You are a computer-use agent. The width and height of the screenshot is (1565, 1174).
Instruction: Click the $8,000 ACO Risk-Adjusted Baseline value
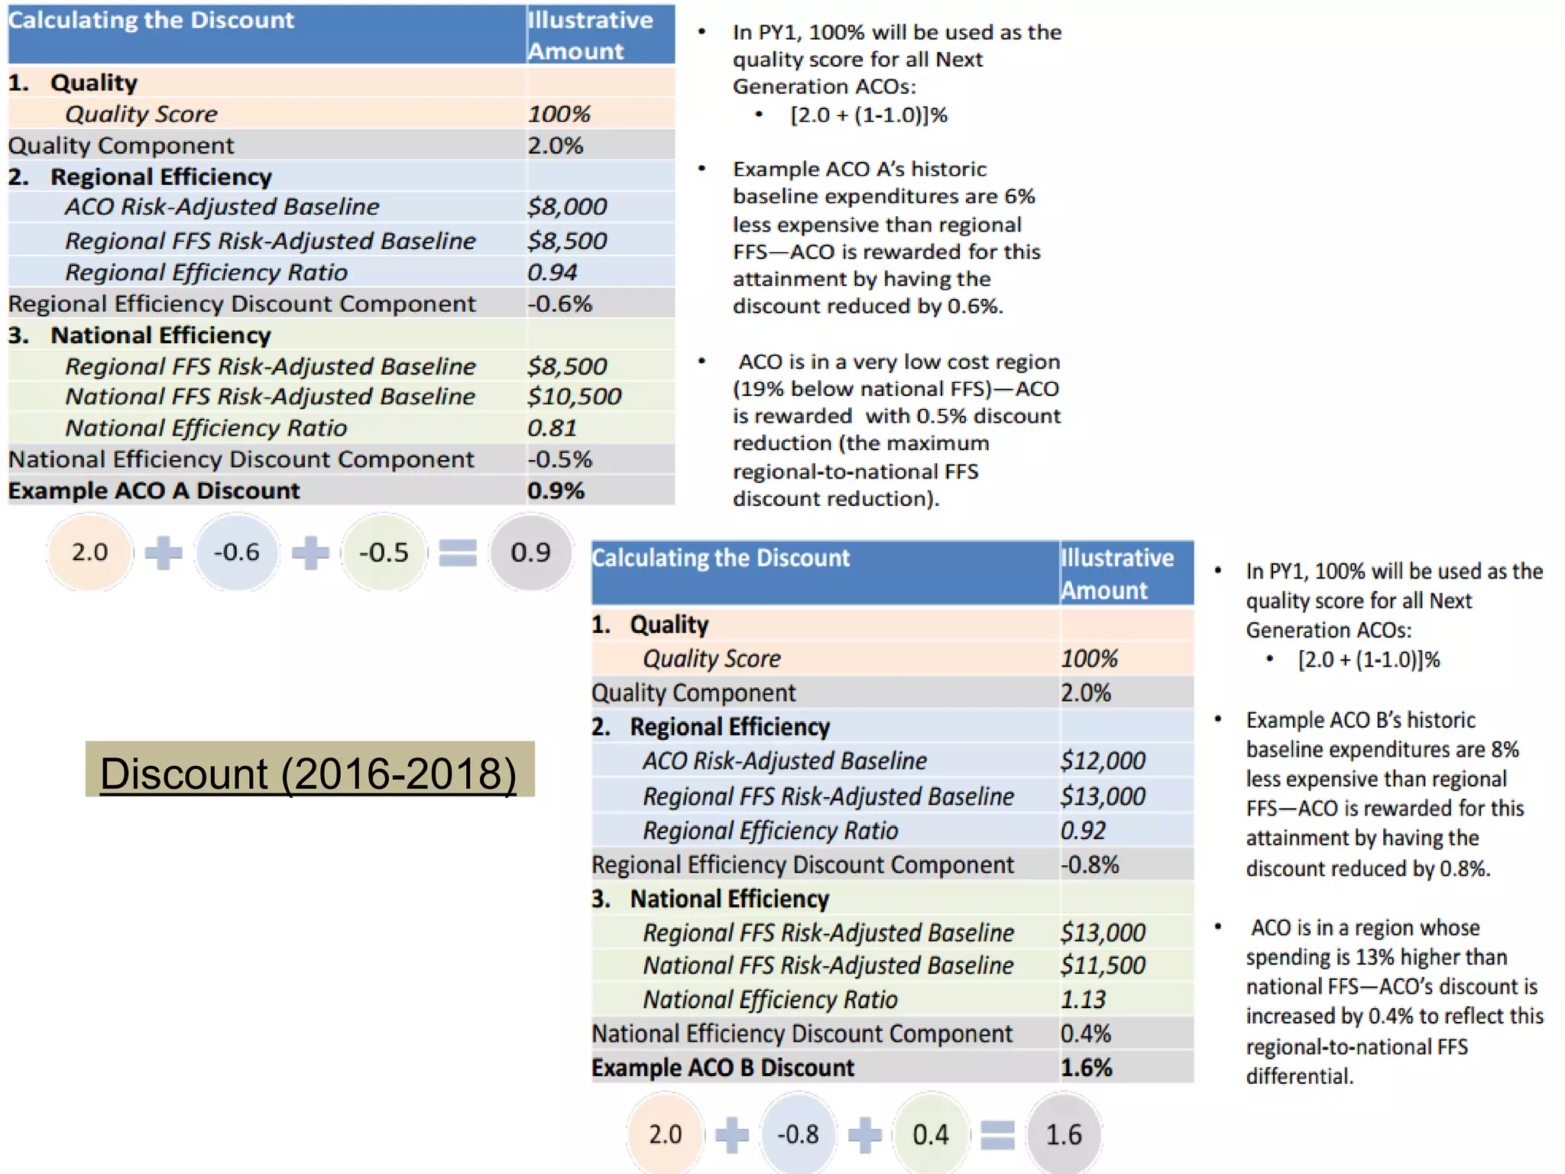[567, 207]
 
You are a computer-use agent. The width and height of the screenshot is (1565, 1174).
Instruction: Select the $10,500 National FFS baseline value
[574, 397]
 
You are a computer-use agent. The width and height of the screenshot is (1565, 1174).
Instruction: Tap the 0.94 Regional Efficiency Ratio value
[552, 272]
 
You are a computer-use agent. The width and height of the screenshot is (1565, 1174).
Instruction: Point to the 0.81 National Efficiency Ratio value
[552, 428]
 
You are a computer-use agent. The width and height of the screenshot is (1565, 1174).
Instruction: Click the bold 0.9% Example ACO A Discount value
[556, 491]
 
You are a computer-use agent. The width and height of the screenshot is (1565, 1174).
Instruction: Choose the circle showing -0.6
[236, 552]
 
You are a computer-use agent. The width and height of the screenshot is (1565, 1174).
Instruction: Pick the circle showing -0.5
[384, 552]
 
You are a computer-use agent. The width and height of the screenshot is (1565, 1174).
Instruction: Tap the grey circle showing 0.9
[530, 552]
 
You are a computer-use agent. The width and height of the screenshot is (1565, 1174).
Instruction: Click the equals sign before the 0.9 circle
[458, 553]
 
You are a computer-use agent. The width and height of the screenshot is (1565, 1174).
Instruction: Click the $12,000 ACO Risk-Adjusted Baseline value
[1103, 761]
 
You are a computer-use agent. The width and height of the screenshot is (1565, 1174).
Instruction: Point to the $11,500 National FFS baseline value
[1103, 966]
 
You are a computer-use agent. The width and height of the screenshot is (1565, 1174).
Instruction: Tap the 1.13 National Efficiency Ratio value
[1083, 1000]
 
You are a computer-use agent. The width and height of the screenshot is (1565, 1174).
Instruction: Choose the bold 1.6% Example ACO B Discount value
[1086, 1068]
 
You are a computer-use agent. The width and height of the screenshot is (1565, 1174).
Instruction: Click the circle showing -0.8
[798, 1134]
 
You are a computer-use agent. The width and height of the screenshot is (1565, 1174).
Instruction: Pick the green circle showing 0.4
[931, 1134]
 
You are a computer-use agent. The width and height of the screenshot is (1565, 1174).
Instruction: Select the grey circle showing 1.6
[1064, 1134]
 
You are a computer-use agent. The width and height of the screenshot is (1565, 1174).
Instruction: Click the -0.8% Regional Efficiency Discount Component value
[1090, 865]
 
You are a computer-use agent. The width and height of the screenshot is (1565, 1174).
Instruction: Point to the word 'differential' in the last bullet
[1298, 1077]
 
